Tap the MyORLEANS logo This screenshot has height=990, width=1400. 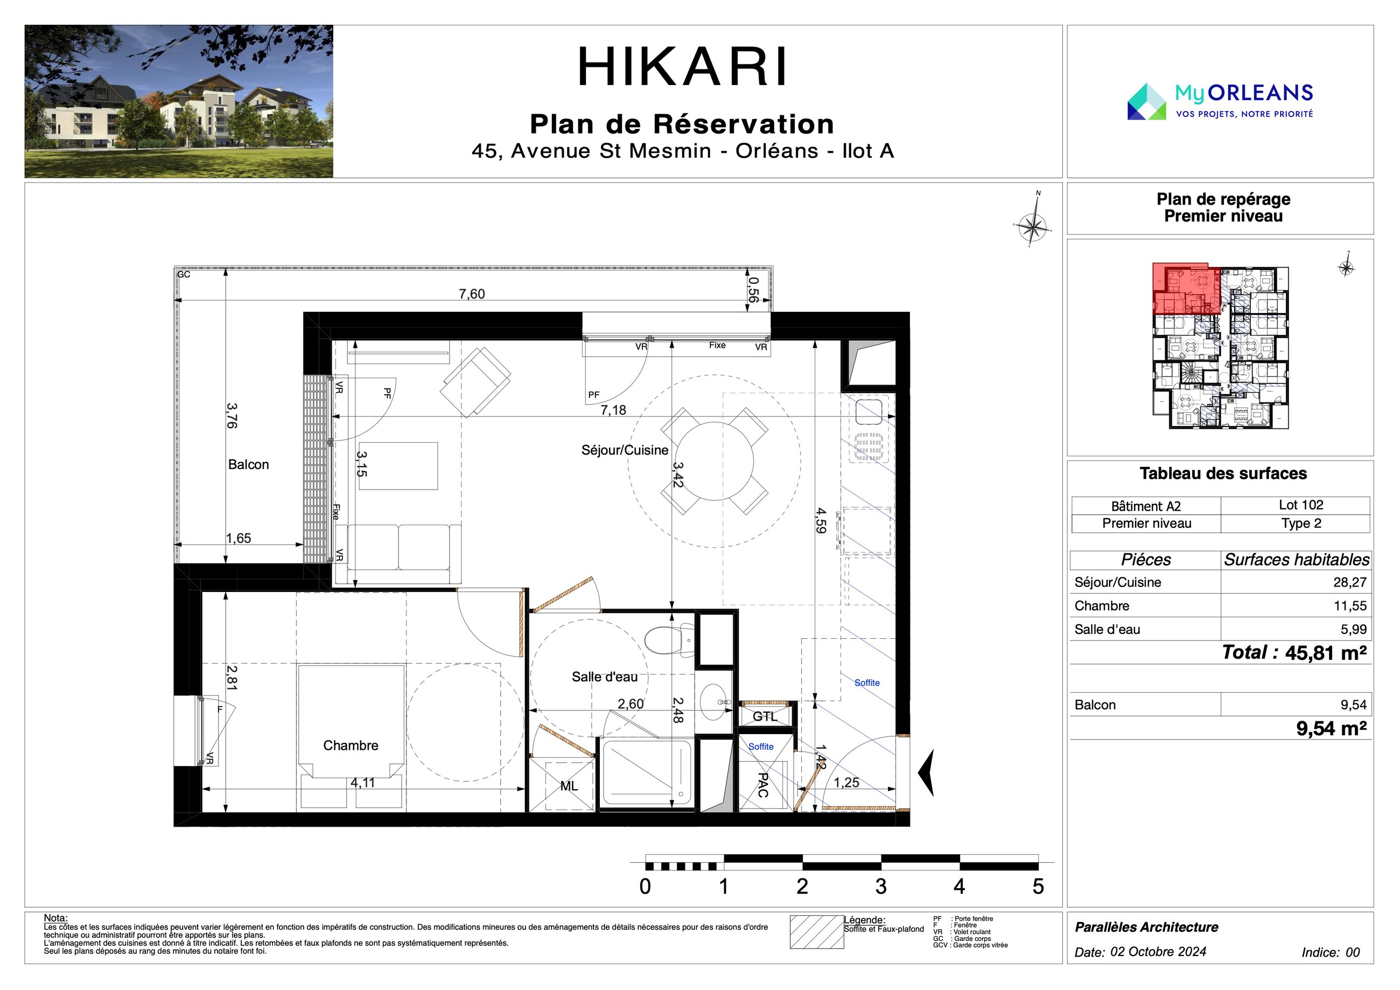pos(1220,101)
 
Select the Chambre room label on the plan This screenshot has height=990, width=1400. pos(351,745)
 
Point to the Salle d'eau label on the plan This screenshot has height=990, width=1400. pos(604,677)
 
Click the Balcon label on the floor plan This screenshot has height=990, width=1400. pos(248,464)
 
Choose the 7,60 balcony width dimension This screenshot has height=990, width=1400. pos(472,294)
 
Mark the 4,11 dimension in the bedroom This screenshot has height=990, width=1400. pos(363,783)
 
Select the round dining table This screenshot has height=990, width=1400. pos(714,461)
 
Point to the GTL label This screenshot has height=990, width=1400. pos(765,716)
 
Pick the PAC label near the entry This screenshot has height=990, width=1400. pos(762,785)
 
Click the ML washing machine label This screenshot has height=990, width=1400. pos(569,786)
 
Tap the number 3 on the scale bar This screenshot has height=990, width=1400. pos(880,886)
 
